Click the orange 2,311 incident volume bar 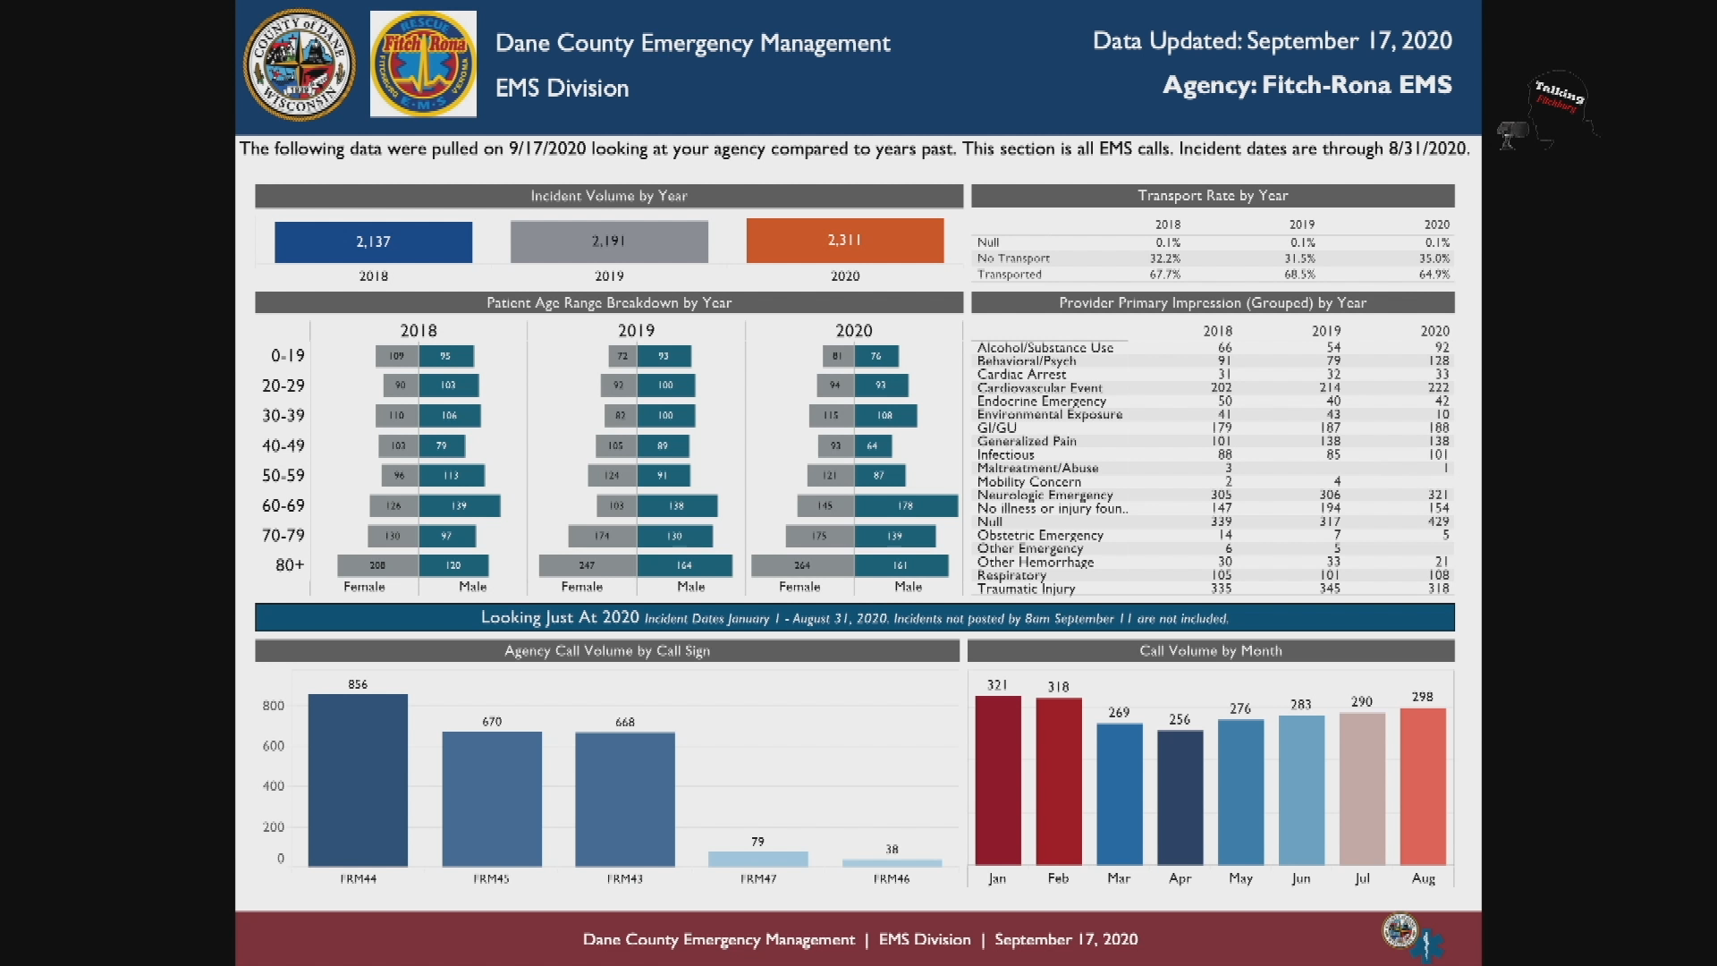pyautogui.click(x=844, y=241)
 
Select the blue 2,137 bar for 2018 pyautogui.click(x=373, y=241)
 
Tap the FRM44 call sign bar pyautogui.click(x=358, y=780)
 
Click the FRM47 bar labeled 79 pyautogui.click(x=757, y=859)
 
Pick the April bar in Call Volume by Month pyautogui.click(x=1180, y=798)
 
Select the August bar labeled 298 pyautogui.click(x=1422, y=786)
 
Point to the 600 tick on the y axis pyautogui.click(x=274, y=746)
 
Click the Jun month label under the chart pyautogui.click(x=1300, y=878)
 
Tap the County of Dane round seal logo pyautogui.click(x=300, y=64)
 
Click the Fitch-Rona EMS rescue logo pyautogui.click(x=423, y=64)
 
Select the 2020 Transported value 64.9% pyautogui.click(x=1434, y=275)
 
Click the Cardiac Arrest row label pyautogui.click(x=1021, y=375)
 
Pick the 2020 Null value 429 pyautogui.click(x=1438, y=521)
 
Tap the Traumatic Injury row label pyautogui.click(x=1026, y=589)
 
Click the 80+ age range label pyautogui.click(x=290, y=565)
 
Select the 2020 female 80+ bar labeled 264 pyautogui.click(x=802, y=565)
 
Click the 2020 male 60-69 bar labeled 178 pyautogui.click(x=905, y=506)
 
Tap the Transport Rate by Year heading pyautogui.click(x=1212, y=195)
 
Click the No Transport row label pyautogui.click(x=1012, y=258)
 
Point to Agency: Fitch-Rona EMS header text pyautogui.click(x=1307, y=85)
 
